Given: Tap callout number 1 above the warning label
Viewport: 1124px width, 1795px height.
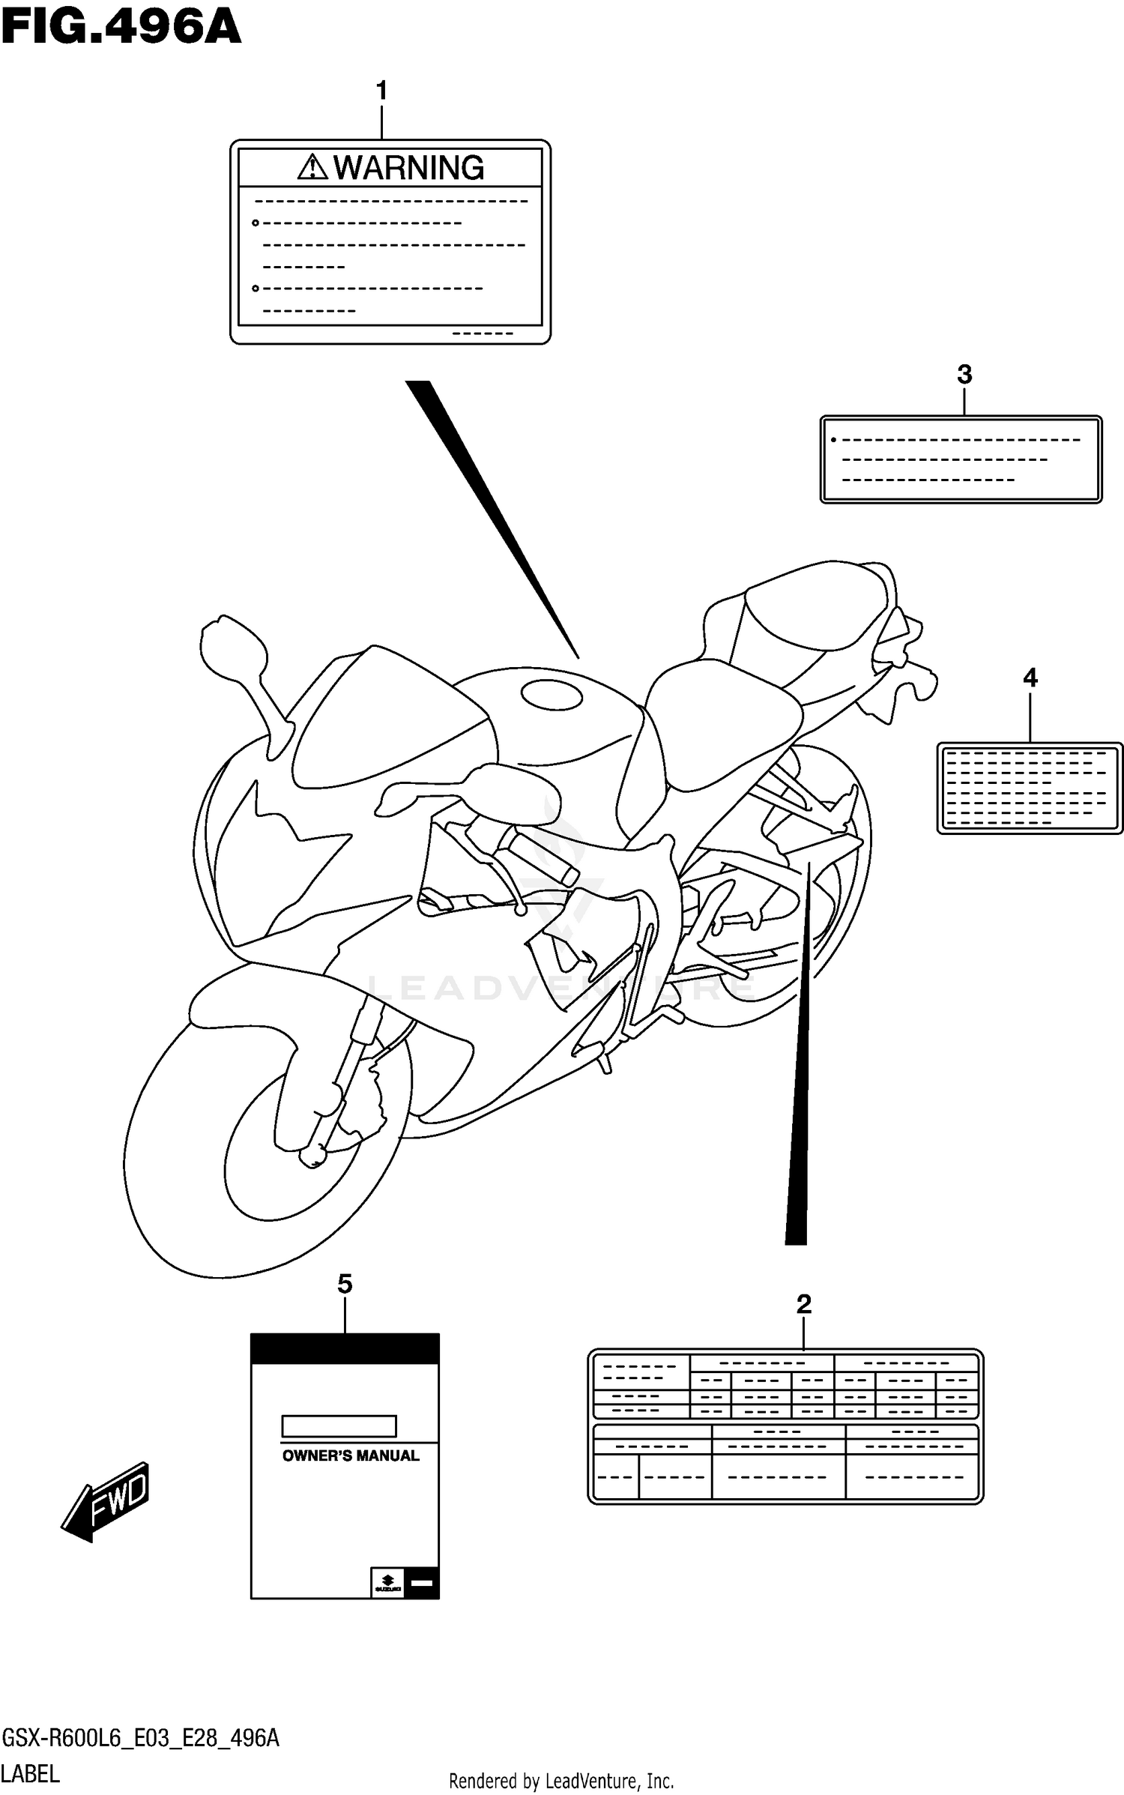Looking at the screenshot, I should pos(381,91).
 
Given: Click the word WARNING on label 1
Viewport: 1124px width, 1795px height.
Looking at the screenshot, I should pos(408,168).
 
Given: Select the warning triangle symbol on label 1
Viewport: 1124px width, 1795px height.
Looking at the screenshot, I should pos(312,167).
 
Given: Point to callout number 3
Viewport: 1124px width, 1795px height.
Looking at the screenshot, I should pos(964,374).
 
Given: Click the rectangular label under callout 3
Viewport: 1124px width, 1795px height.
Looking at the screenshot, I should pos(961,459).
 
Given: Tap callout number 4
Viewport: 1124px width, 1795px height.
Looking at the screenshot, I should pos(1030,678).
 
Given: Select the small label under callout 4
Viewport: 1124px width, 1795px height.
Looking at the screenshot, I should pos(1030,788).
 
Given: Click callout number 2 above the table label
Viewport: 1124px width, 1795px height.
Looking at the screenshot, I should pos(803,1304).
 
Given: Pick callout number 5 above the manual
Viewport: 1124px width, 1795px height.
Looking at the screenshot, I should pos(344,1284).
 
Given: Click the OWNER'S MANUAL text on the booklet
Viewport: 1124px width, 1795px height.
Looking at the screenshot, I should pos(350,1455).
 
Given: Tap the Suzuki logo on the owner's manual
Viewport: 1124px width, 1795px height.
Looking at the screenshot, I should pos(387,1581).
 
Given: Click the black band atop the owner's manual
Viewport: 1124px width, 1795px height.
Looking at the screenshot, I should pos(345,1348).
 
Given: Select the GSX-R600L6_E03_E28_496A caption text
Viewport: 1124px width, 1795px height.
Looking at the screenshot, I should pos(141,1737).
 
